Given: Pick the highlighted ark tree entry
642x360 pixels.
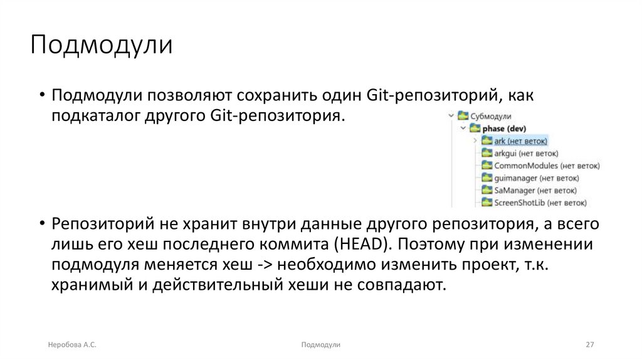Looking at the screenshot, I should [x=520, y=141].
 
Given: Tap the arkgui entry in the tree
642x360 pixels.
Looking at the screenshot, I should [x=526, y=153].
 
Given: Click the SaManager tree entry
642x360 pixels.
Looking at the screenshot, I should [x=535, y=190].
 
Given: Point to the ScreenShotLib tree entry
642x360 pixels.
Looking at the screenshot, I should [x=540, y=203].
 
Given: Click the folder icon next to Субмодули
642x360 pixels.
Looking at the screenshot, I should [x=463, y=116].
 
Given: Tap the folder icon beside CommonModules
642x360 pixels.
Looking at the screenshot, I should [x=487, y=166].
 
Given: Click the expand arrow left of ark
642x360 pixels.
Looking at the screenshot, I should [x=475, y=141].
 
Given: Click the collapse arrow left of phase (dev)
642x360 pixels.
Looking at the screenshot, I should [x=463, y=129].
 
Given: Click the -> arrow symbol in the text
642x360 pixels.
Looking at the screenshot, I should [x=265, y=264].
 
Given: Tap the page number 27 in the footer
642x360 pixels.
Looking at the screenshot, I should [x=589, y=345].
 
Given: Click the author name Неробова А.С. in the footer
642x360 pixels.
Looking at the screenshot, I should [x=72, y=345].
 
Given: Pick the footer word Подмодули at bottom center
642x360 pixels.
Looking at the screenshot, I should [x=320, y=345].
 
